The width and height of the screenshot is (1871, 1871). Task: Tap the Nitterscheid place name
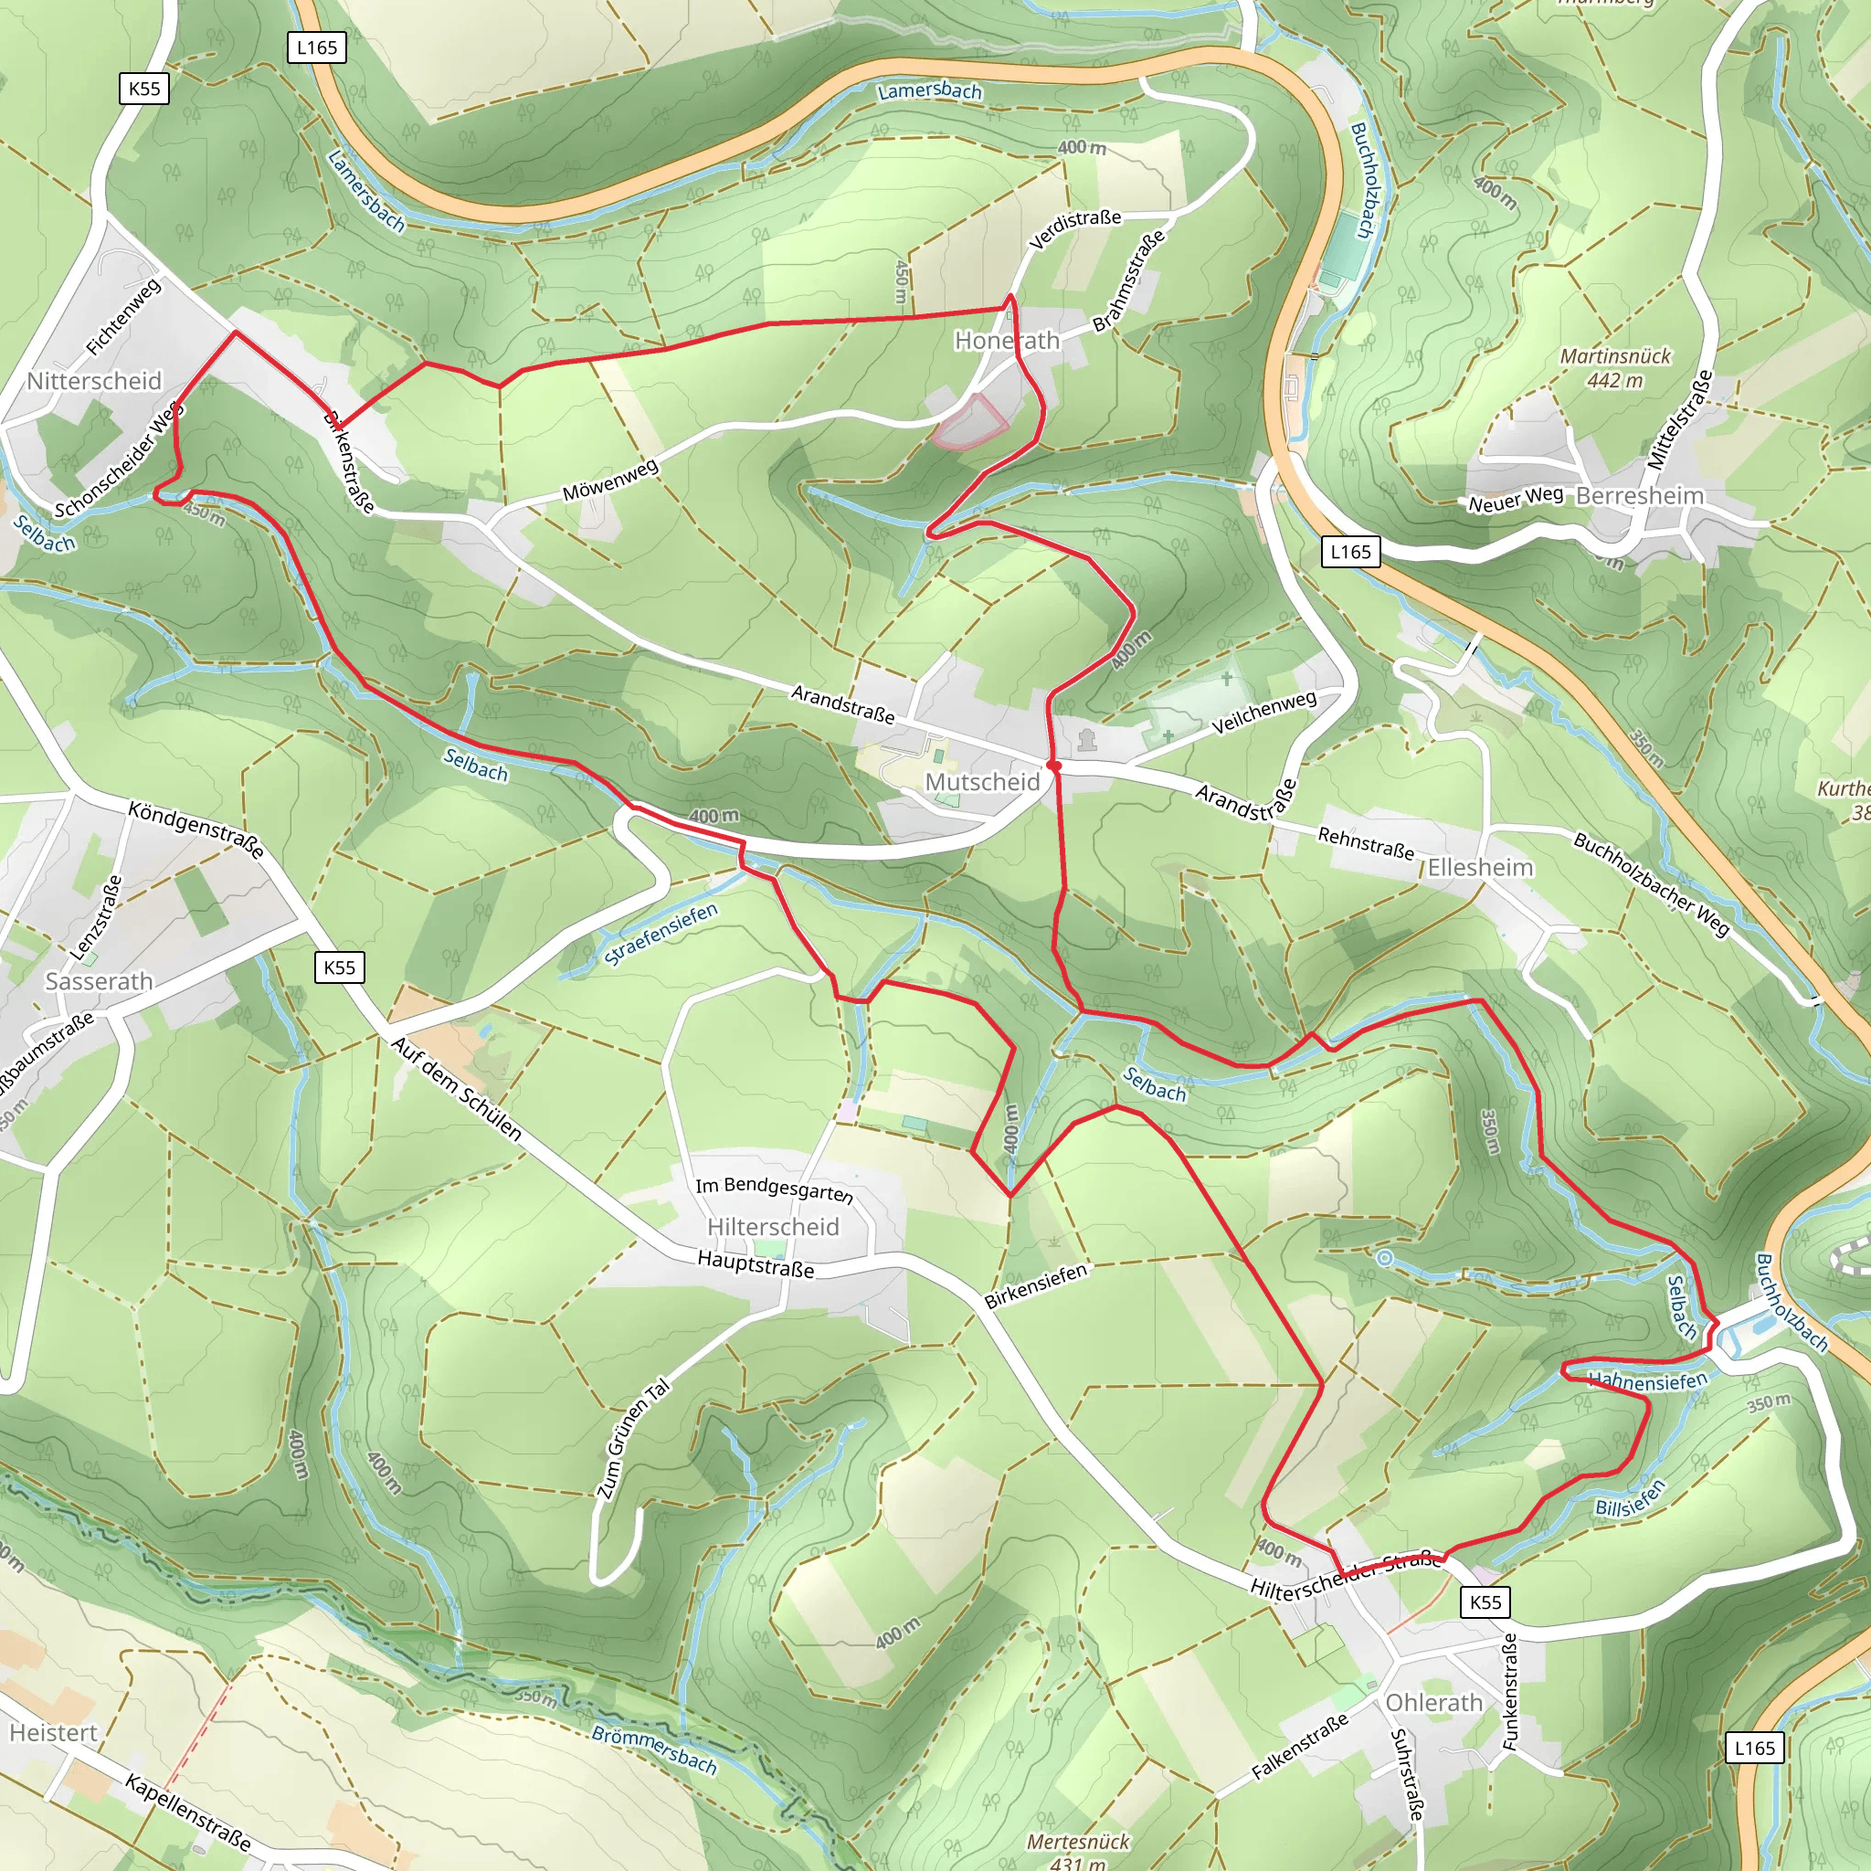[x=94, y=381]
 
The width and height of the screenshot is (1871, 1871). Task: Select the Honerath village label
[x=1006, y=340]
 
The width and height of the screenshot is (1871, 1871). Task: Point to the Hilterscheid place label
[x=773, y=1226]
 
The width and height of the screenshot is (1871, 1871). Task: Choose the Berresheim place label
[x=1639, y=496]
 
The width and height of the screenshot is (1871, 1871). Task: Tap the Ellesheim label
[x=1480, y=867]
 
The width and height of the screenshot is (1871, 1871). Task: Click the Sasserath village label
[x=99, y=981]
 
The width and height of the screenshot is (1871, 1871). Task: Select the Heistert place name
[x=53, y=1731]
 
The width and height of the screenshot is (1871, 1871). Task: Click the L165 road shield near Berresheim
[x=1350, y=552]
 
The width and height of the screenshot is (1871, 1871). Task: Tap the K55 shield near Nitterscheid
[x=144, y=90]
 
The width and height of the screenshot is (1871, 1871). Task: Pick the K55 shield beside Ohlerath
[x=1485, y=1601]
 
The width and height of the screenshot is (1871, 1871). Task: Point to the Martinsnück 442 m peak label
[x=1614, y=368]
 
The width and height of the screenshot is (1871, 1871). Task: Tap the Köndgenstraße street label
[x=196, y=829]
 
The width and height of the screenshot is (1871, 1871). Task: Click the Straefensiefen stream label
[x=661, y=934]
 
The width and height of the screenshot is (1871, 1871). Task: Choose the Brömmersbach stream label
[x=654, y=1749]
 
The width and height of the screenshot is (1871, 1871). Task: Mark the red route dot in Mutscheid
[x=1054, y=765]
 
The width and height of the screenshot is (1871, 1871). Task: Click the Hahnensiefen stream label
[x=1647, y=1381]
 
